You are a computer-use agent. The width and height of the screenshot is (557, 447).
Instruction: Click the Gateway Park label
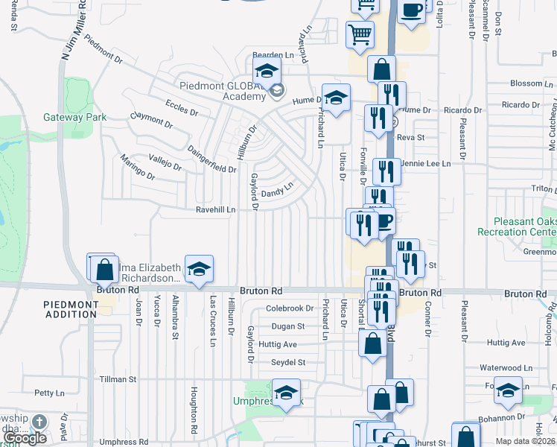point(74,117)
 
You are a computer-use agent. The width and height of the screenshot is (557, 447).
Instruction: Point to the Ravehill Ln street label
point(215,210)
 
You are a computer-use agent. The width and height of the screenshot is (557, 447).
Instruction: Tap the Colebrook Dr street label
point(290,308)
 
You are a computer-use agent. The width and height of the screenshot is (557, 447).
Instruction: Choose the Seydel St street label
point(288,363)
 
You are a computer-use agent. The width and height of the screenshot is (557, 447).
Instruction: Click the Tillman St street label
point(118,379)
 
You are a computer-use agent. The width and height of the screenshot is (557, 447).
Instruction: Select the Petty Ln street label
point(50,393)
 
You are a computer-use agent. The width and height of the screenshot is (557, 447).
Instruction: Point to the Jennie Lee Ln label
point(426,163)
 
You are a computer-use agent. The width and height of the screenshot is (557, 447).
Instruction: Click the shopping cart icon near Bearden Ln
point(360,33)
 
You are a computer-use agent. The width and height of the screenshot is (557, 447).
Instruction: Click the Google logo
point(25,438)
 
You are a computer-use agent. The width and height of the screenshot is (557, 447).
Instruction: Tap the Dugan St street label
point(288,326)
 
